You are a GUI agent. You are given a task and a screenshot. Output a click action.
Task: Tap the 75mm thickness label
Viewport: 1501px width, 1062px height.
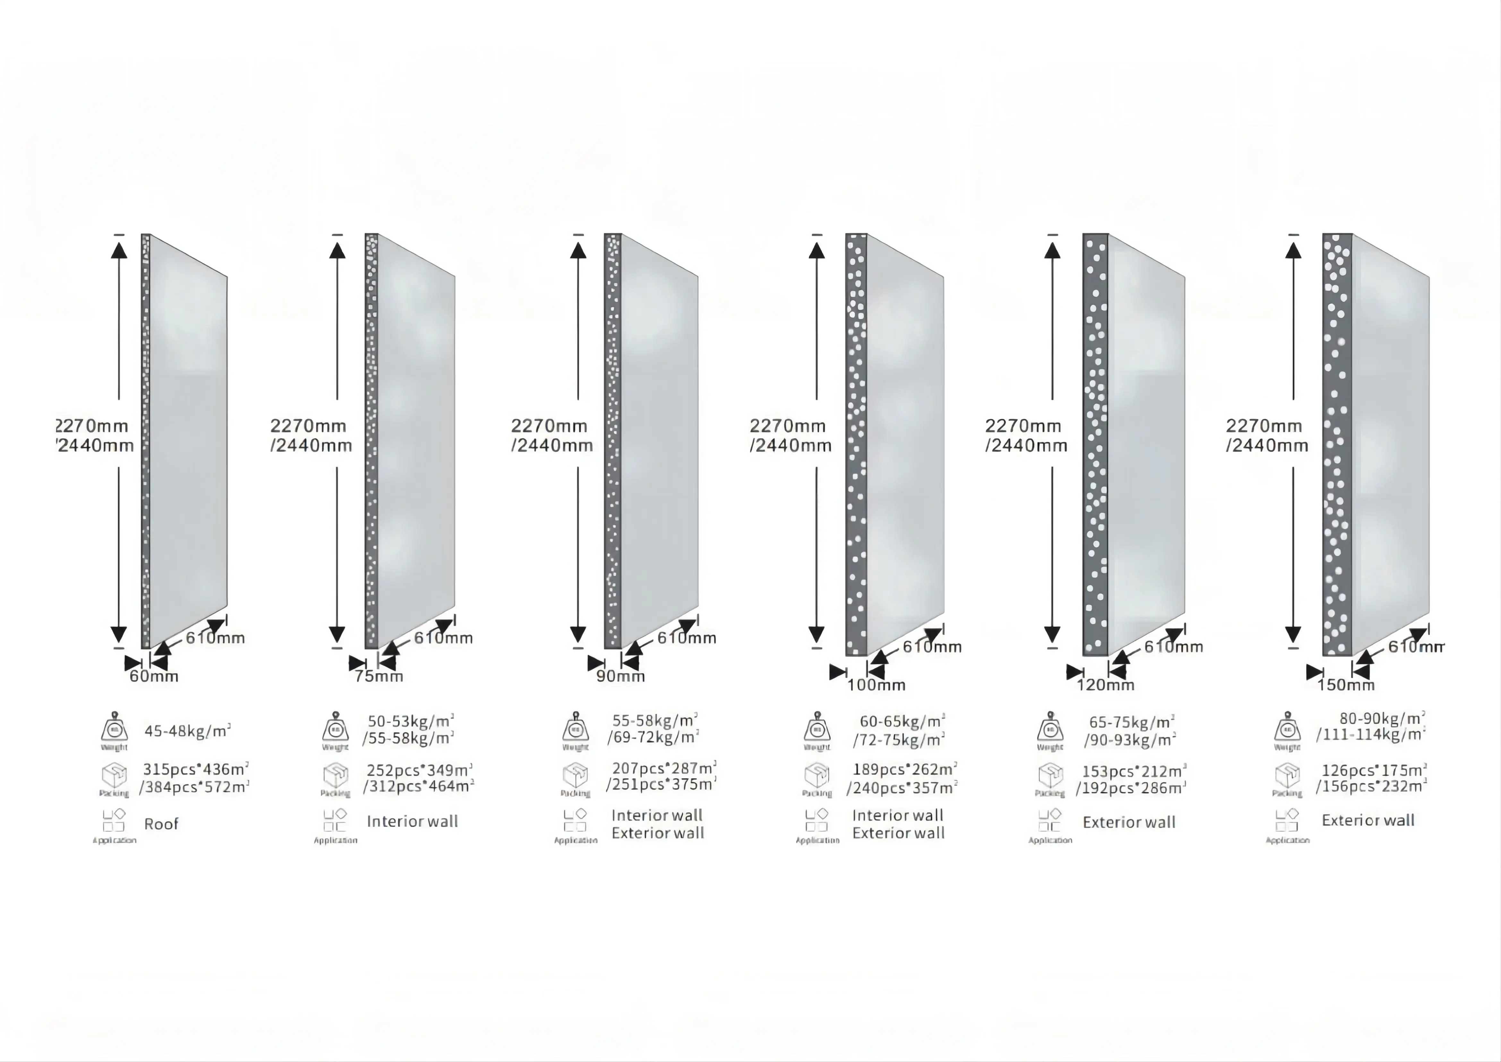pos(379,676)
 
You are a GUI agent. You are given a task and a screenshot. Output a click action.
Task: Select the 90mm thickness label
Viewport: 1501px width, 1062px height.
pos(621,676)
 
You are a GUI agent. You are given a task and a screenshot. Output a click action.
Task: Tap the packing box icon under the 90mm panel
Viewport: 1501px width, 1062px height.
pos(575,776)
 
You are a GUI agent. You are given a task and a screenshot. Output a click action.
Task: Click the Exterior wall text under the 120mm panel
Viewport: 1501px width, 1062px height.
pos(1129,822)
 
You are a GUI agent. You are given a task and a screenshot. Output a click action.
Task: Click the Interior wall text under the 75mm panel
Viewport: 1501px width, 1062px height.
pos(413,821)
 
